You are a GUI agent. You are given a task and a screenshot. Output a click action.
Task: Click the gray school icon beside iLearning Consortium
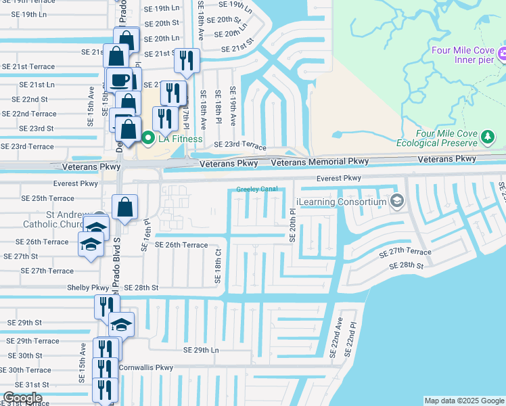pos(397,201)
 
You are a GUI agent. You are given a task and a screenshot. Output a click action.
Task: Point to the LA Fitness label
pos(180,139)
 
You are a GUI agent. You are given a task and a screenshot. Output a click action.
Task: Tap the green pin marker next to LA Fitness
pos(148,139)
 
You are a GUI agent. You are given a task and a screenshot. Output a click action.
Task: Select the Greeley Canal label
pos(257,189)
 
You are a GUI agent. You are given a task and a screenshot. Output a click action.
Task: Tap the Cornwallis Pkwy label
pos(146,367)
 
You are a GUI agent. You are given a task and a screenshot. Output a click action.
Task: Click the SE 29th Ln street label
pos(202,350)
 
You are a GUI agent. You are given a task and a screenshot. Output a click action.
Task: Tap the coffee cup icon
pos(120,80)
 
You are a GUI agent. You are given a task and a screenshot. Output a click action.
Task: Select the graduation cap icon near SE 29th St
pos(121,325)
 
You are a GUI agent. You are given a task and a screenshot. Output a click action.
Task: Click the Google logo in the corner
pos(22,398)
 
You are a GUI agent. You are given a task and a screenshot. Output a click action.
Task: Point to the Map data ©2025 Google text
pos(464,401)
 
